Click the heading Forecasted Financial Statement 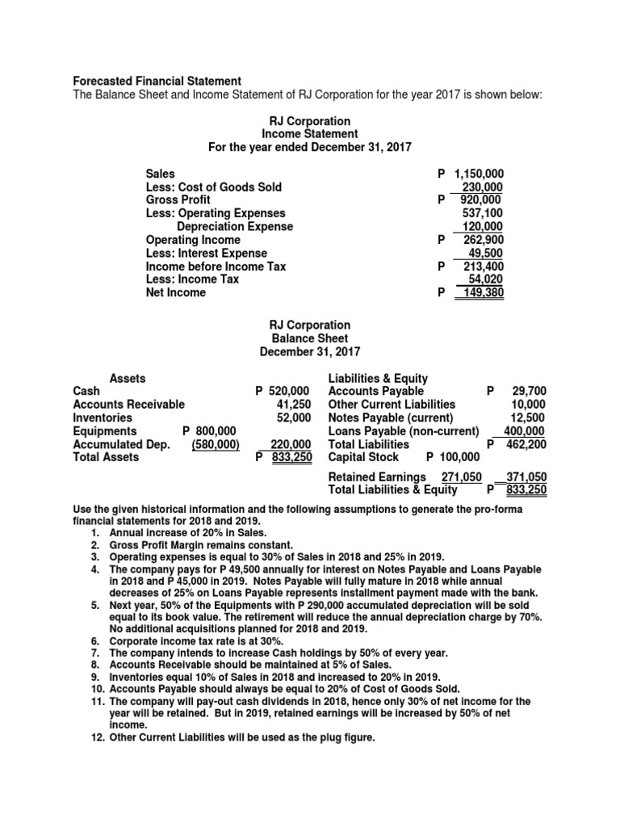point(157,81)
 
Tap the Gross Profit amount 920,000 point(480,199)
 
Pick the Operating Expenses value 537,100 point(482,214)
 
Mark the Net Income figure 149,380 point(480,292)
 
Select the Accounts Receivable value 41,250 point(294,404)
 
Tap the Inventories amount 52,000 point(294,418)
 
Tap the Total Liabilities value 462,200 point(526,443)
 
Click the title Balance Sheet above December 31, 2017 point(310,338)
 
